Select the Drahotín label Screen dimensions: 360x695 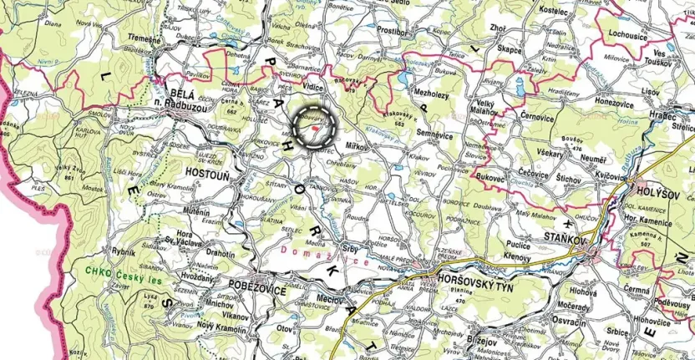click(x=221, y=254)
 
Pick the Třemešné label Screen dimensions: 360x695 click(x=143, y=38)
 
